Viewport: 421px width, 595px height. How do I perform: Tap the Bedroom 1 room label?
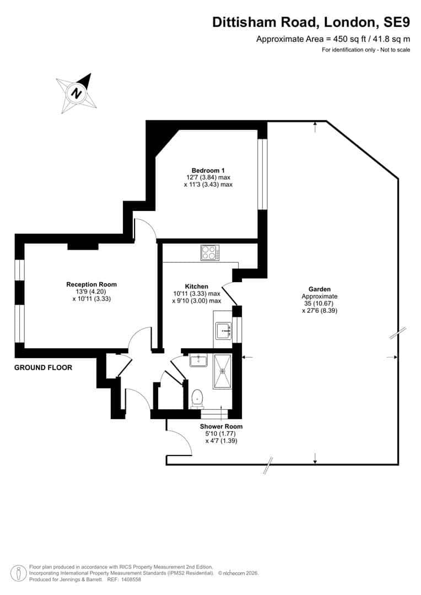(x=208, y=170)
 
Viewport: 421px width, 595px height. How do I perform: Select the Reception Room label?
(x=91, y=284)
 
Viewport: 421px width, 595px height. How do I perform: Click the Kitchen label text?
(x=197, y=286)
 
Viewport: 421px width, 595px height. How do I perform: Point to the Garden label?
(x=319, y=289)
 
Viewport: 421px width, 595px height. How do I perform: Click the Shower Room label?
(x=222, y=426)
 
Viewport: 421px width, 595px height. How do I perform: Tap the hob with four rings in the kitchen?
(x=209, y=252)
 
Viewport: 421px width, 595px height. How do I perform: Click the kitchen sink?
(x=223, y=331)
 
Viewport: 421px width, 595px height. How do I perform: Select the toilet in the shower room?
(x=197, y=398)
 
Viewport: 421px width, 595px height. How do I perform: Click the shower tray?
(x=223, y=371)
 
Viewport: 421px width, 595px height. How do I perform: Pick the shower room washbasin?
(x=198, y=360)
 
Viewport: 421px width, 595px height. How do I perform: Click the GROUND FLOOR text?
(x=44, y=367)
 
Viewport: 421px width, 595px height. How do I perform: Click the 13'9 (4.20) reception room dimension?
(x=91, y=291)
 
